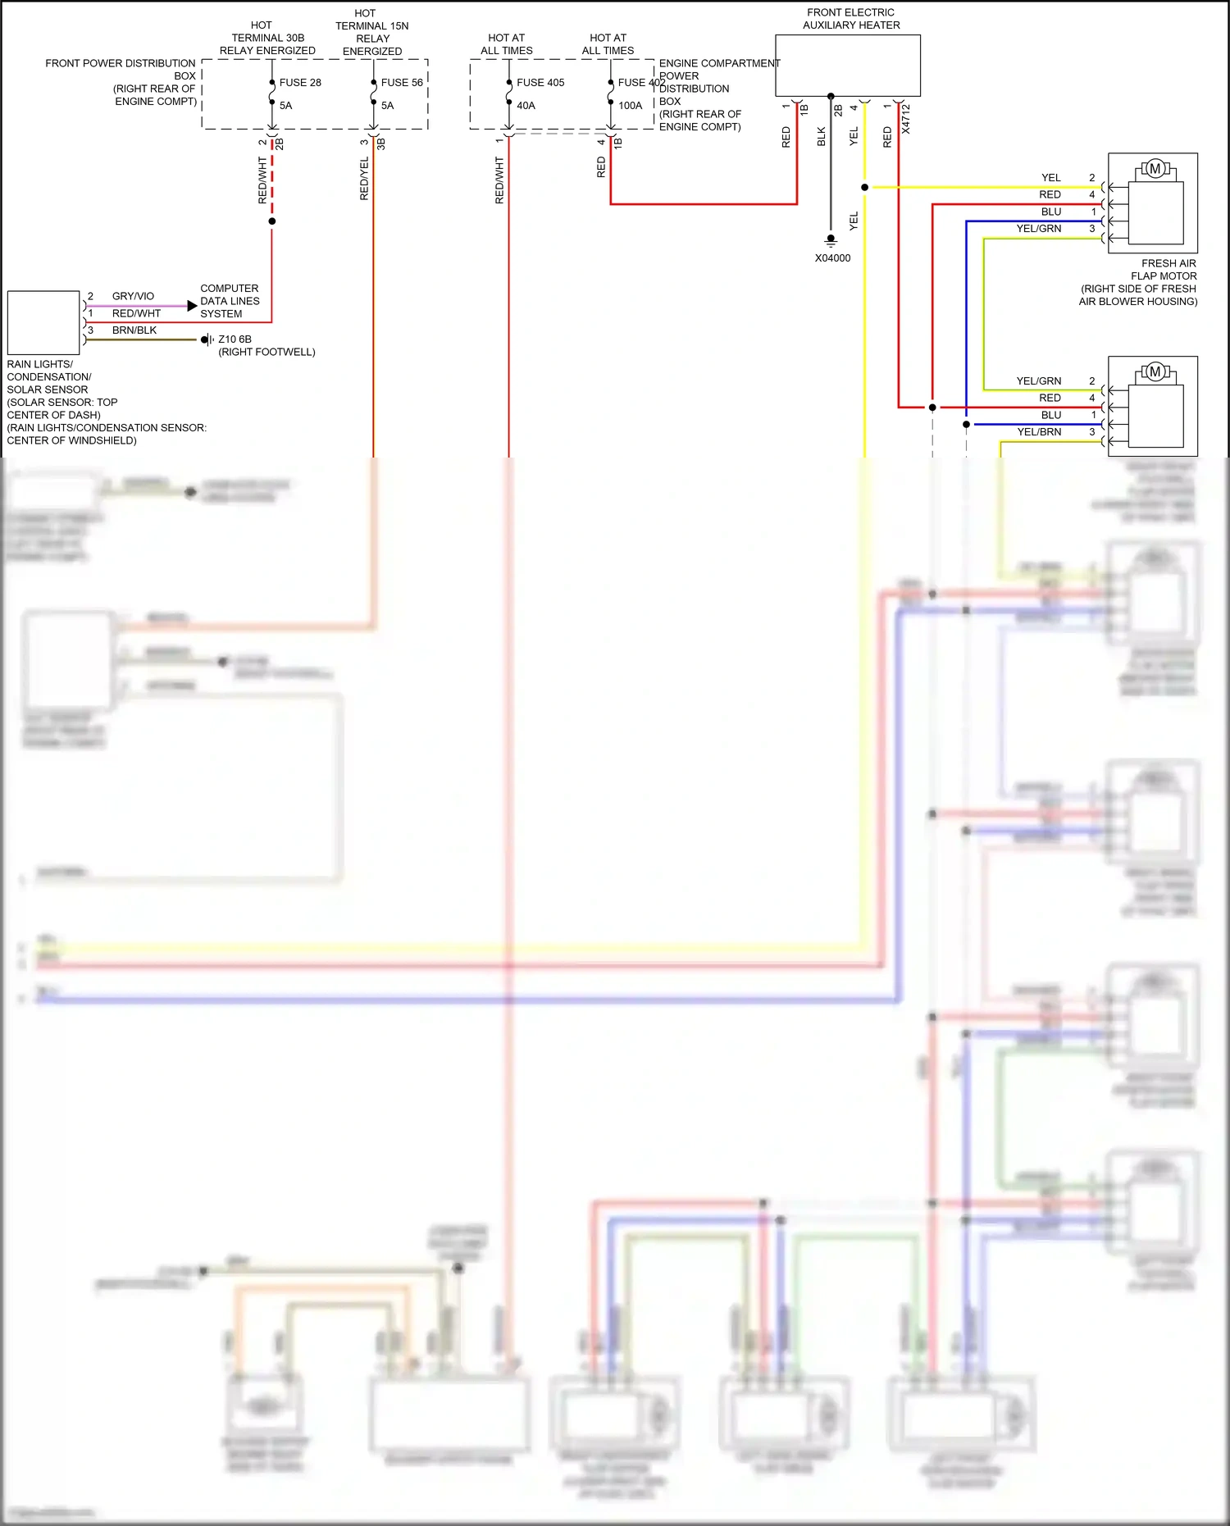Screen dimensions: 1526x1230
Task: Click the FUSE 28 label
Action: pyautogui.click(x=299, y=83)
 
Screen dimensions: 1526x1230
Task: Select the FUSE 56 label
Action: pyautogui.click(x=401, y=83)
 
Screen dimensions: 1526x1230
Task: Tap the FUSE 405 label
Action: pyautogui.click(x=540, y=83)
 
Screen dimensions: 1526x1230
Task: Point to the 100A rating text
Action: pyautogui.click(x=630, y=106)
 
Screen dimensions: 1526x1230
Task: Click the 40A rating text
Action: pyautogui.click(x=526, y=106)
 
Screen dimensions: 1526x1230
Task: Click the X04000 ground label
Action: pyautogui.click(x=832, y=258)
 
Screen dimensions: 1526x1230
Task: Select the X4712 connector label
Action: pyautogui.click(x=906, y=120)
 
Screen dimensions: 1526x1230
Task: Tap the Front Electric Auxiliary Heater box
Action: pyautogui.click(x=847, y=66)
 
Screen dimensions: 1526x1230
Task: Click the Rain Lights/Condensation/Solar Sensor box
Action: pyautogui.click(x=43, y=322)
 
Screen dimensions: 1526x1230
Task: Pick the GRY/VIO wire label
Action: pyautogui.click(x=133, y=296)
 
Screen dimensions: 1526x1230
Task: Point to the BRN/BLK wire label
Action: pyautogui.click(x=134, y=330)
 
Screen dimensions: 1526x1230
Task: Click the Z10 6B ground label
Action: pyautogui.click(x=235, y=339)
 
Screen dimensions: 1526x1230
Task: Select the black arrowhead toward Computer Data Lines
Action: pyautogui.click(x=192, y=306)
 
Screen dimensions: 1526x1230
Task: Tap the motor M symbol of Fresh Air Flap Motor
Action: pyautogui.click(x=1155, y=169)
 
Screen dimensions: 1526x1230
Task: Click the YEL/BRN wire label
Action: pyautogui.click(x=1039, y=432)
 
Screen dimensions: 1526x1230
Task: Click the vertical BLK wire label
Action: pyautogui.click(x=822, y=137)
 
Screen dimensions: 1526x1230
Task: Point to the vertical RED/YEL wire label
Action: pyautogui.click(x=364, y=179)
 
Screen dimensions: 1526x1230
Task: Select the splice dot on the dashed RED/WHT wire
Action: pyautogui.click(x=272, y=221)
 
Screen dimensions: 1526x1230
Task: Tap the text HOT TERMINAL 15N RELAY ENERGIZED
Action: pyautogui.click(x=371, y=33)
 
